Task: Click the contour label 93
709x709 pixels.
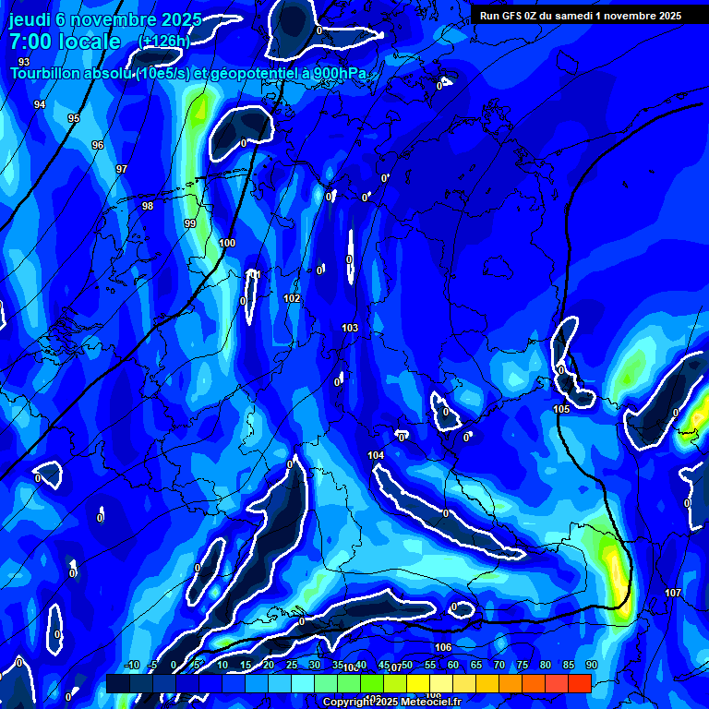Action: coord(24,62)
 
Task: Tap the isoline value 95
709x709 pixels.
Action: coord(74,118)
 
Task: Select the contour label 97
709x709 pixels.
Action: coord(122,169)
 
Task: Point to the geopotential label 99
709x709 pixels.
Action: coord(190,223)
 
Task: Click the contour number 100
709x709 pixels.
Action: coord(227,243)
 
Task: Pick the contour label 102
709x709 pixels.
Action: coord(292,298)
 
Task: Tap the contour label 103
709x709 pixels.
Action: coord(350,328)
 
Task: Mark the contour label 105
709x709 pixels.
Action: coord(561,409)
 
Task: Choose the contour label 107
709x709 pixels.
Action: coord(673,593)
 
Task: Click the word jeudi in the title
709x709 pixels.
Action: coord(30,19)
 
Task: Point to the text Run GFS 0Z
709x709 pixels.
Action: coord(511,15)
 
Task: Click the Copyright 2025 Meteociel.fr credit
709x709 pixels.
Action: coord(392,702)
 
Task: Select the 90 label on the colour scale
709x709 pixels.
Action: coord(592,665)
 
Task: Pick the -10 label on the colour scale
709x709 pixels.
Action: coord(132,665)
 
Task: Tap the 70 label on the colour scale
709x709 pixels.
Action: coord(499,665)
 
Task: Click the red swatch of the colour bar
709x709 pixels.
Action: coord(579,683)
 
